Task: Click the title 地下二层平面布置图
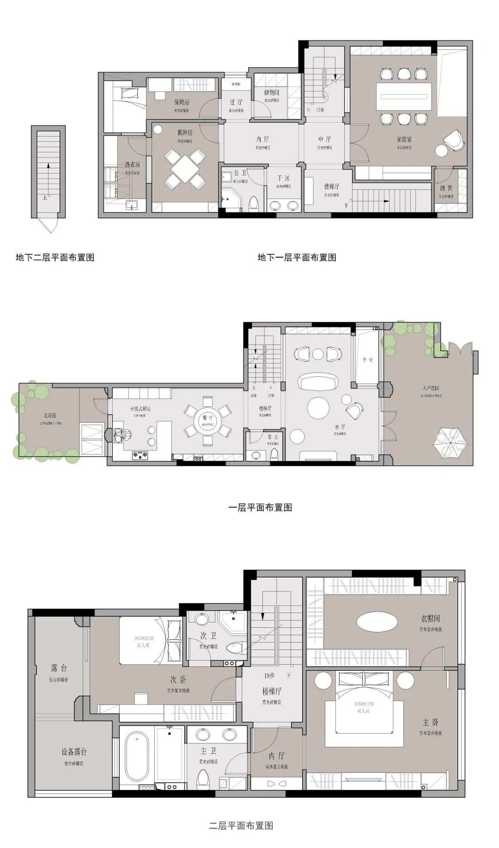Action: (55, 257)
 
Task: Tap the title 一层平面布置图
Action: (261, 507)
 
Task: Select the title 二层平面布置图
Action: (241, 825)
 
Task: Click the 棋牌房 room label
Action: (184, 132)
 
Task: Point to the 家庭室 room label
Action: (403, 139)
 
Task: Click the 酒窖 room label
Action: (446, 188)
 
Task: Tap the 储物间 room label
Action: (271, 92)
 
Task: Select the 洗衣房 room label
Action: (132, 164)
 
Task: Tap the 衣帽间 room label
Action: (430, 618)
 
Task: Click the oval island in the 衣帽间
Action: (377, 621)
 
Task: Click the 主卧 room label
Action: (430, 722)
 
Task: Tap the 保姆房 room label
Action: (181, 102)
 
